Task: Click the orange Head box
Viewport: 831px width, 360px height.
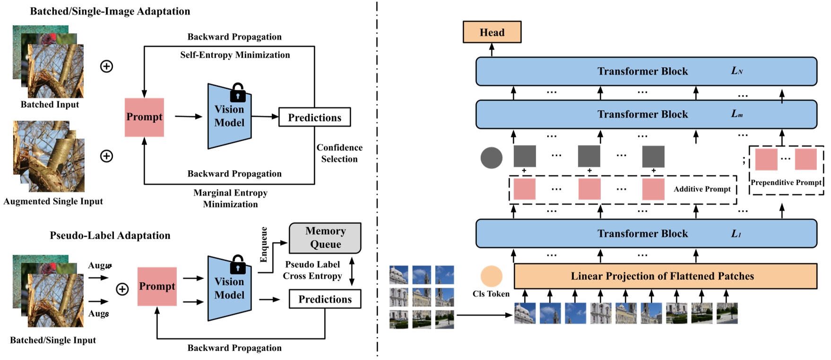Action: pos(492,32)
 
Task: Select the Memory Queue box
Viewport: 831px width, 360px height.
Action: pos(325,238)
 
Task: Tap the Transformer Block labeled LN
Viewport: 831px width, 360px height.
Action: pos(646,71)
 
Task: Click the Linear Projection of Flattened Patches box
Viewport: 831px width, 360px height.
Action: pos(665,276)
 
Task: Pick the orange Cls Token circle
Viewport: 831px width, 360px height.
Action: pos(491,276)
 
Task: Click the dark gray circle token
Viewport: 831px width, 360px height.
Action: pos(491,158)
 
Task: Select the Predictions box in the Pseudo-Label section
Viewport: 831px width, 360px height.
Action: pos(325,299)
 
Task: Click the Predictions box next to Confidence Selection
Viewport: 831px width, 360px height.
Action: pos(314,117)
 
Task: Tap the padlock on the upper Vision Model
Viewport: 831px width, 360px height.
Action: pos(238,93)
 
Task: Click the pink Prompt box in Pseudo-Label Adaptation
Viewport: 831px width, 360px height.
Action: pos(157,286)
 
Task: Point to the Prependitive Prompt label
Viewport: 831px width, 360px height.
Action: pos(786,182)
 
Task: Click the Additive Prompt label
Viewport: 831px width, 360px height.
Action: pos(701,189)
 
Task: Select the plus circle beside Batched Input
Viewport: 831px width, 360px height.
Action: pos(107,66)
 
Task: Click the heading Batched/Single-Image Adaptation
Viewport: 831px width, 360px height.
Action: pos(110,11)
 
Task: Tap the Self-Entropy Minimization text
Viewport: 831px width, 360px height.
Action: pos(235,55)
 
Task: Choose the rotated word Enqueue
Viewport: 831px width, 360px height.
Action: pos(264,244)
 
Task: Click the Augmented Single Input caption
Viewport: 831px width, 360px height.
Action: pos(53,201)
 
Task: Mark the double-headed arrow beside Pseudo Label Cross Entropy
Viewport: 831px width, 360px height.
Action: pos(352,271)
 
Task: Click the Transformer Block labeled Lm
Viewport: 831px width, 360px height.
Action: pos(646,114)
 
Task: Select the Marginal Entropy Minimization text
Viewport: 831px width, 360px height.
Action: pos(230,198)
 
